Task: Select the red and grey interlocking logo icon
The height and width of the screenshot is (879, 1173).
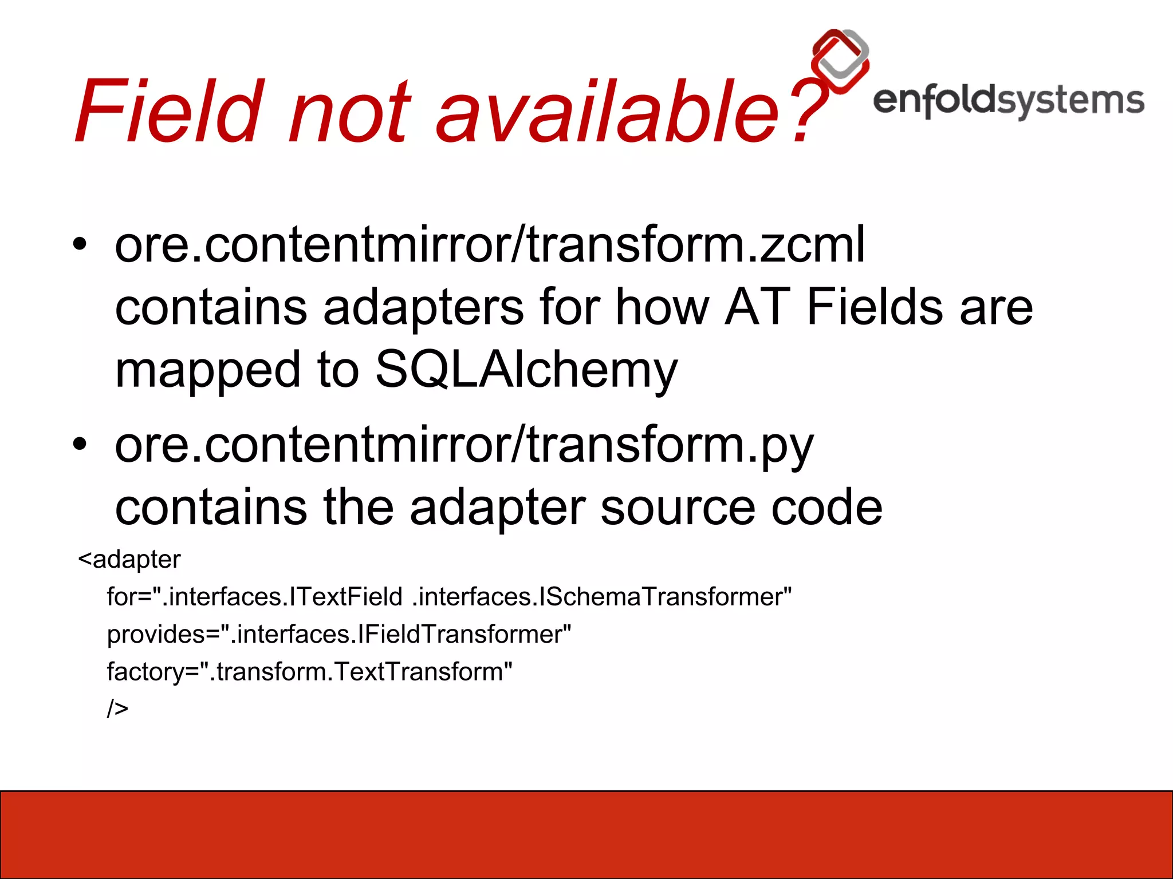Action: pyautogui.click(x=840, y=61)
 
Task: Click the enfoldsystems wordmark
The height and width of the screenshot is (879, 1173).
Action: pyautogui.click(x=1008, y=101)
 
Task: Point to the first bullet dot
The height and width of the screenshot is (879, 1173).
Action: pyautogui.click(x=80, y=245)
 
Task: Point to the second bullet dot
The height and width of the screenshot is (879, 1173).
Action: pyautogui.click(x=80, y=444)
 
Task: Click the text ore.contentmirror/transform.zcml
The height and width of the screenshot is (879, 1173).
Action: pyautogui.click(x=490, y=245)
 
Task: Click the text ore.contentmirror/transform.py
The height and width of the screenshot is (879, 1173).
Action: pyautogui.click(x=464, y=446)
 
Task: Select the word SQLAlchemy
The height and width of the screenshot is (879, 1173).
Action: pyautogui.click(x=526, y=370)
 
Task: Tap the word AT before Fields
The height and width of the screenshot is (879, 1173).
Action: pyautogui.click(x=757, y=307)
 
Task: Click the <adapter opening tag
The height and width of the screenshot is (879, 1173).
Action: pyautogui.click(x=129, y=559)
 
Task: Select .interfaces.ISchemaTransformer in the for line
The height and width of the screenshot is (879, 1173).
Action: pyautogui.click(x=601, y=597)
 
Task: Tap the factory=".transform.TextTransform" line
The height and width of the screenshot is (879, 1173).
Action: pyautogui.click(x=309, y=672)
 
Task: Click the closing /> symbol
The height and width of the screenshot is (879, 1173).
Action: pyautogui.click(x=117, y=708)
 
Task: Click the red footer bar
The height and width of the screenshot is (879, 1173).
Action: pyautogui.click(x=586, y=834)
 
